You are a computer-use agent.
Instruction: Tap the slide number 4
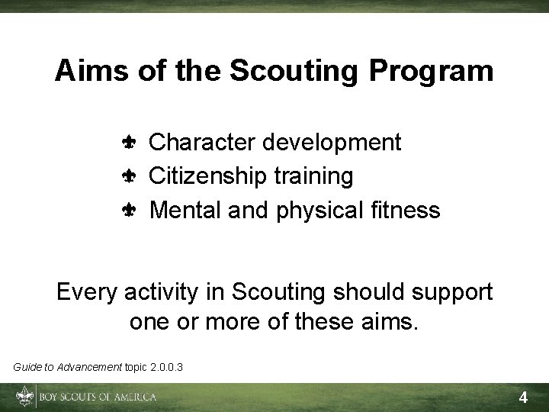click(523, 398)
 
